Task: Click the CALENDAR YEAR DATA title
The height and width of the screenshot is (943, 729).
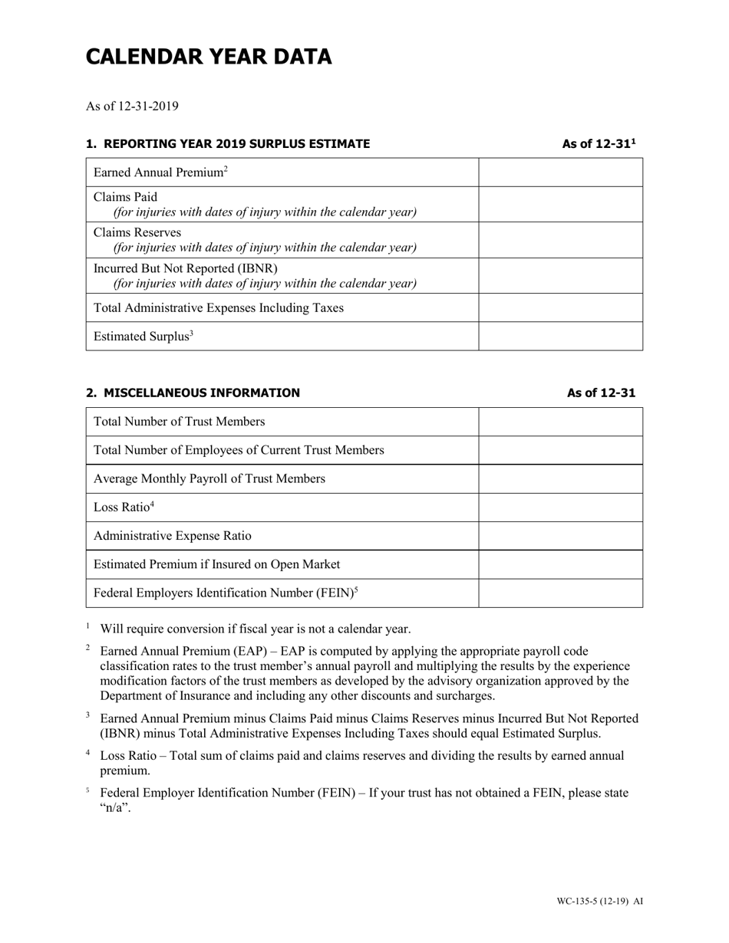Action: pos(209,57)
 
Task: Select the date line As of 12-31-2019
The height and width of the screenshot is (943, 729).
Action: pos(132,106)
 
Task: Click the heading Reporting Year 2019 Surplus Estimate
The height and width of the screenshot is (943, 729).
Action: pos(228,144)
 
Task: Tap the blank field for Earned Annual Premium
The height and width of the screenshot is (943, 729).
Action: pos(560,172)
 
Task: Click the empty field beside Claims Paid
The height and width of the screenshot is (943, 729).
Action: pos(560,205)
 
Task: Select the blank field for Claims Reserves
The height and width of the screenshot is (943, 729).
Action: pos(560,240)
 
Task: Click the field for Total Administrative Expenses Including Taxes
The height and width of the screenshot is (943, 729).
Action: pos(560,307)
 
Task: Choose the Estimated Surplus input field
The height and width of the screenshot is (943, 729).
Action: pos(560,336)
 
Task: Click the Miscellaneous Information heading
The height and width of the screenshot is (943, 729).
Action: pos(193,393)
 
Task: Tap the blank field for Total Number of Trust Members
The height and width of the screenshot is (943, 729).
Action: pos(560,422)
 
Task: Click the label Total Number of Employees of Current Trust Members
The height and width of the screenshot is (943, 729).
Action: pos(238,450)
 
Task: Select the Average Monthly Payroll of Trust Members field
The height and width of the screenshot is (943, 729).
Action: pos(560,478)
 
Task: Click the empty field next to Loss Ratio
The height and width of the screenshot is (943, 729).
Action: pos(560,507)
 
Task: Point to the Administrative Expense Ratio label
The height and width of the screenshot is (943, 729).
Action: pos(172,536)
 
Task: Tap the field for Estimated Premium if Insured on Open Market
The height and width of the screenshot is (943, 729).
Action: pos(560,564)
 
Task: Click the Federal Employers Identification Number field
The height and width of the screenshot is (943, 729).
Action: pos(560,593)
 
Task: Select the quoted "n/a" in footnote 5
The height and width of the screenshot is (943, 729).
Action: pos(116,807)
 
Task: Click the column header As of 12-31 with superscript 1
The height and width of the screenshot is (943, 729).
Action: pos(599,144)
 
